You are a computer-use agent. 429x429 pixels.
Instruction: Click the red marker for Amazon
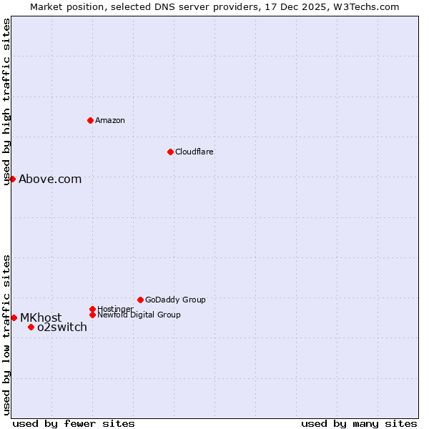click(90, 120)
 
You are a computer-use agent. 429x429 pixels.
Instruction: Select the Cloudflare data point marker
click(170, 152)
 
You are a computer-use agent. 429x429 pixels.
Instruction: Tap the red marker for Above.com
click(12, 179)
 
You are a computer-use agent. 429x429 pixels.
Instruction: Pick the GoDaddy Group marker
click(140, 300)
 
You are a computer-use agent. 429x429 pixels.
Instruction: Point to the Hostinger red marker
click(92, 309)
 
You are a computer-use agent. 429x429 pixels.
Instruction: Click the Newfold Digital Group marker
click(92, 315)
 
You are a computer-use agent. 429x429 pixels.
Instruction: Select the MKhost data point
click(14, 317)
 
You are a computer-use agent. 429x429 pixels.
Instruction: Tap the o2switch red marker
click(31, 327)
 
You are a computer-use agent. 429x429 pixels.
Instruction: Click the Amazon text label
click(110, 120)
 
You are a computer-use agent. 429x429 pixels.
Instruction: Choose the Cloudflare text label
click(194, 152)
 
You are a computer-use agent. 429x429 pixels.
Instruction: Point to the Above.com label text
click(50, 179)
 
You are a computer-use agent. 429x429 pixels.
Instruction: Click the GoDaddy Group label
click(175, 300)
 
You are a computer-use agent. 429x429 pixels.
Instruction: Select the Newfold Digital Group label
click(139, 315)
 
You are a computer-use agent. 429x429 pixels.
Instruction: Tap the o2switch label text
click(62, 327)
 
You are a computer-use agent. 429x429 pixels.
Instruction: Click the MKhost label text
click(41, 317)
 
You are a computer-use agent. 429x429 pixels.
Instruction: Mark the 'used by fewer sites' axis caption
click(74, 423)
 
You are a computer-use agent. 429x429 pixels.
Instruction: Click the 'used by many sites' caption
click(359, 423)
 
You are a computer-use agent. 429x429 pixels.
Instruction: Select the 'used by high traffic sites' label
click(6, 102)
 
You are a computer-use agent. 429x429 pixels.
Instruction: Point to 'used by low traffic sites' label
click(6, 335)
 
